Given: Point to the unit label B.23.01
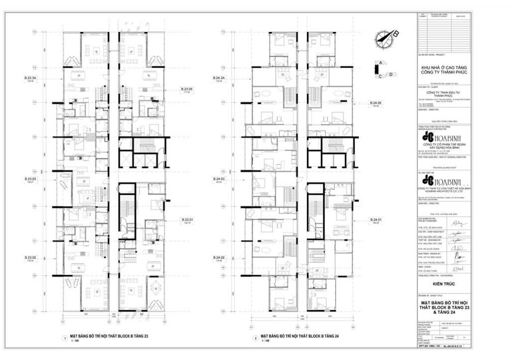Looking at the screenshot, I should click(187, 220).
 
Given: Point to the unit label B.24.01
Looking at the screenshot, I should click(376, 220).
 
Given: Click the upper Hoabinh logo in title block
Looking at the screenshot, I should click(441, 137).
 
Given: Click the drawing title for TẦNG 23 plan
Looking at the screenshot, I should click(110, 337).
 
